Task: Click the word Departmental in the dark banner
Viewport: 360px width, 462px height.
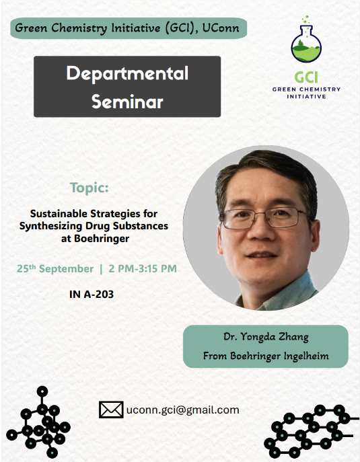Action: pos(127,73)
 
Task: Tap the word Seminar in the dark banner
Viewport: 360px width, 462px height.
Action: pos(127,102)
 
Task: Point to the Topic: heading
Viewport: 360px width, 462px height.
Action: pos(89,187)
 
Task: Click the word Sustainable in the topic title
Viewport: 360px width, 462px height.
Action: pos(59,214)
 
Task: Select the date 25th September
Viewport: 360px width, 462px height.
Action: pos(55,269)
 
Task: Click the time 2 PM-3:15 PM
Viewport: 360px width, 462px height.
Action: pos(141,269)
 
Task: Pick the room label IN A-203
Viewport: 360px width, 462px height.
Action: pos(92,294)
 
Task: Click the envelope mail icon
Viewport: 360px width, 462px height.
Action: pos(110,410)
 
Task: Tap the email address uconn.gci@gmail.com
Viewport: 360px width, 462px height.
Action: pos(182,410)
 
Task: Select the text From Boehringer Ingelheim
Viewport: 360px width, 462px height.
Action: pos(266,356)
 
